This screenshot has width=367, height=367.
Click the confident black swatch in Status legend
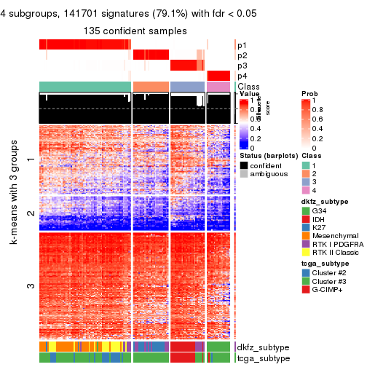pyautogui.click(x=244, y=166)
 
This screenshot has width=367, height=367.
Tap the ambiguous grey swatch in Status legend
pyautogui.click(x=244, y=175)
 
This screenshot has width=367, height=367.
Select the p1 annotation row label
pyautogui.click(x=242, y=44)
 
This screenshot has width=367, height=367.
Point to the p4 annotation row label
pyautogui.click(x=242, y=76)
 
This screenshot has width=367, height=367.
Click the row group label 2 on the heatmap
pyautogui.click(x=30, y=213)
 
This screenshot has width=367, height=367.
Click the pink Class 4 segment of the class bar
pyautogui.click(x=218, y=87)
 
